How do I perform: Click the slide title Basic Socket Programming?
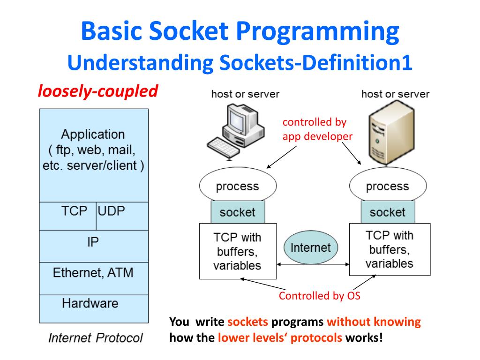click(240, 32)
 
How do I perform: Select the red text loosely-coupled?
click(97, 91)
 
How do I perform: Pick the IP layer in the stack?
click(93, 242)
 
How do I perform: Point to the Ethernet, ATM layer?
click(93, 272)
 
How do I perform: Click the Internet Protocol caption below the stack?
click(96, 338)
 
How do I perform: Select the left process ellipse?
click(237, 186)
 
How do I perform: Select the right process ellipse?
click(388, 186)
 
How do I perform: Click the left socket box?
click(238, 212)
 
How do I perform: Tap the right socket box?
click(388, 212)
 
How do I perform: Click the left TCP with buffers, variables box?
click(237, 251)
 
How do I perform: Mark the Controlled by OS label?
click(320, 296)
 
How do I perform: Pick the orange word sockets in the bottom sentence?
click(248, 322)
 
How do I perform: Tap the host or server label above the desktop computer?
click(245, 94)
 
